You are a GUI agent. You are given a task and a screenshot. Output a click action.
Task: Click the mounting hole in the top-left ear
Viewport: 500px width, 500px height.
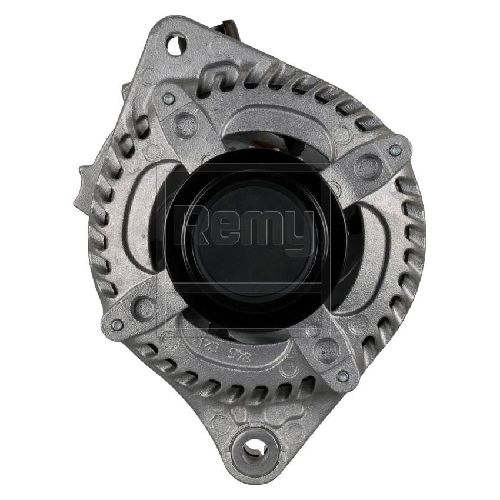tap(175, 43)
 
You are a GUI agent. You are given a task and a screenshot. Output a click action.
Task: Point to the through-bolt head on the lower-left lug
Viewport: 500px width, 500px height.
tap(116, 323)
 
